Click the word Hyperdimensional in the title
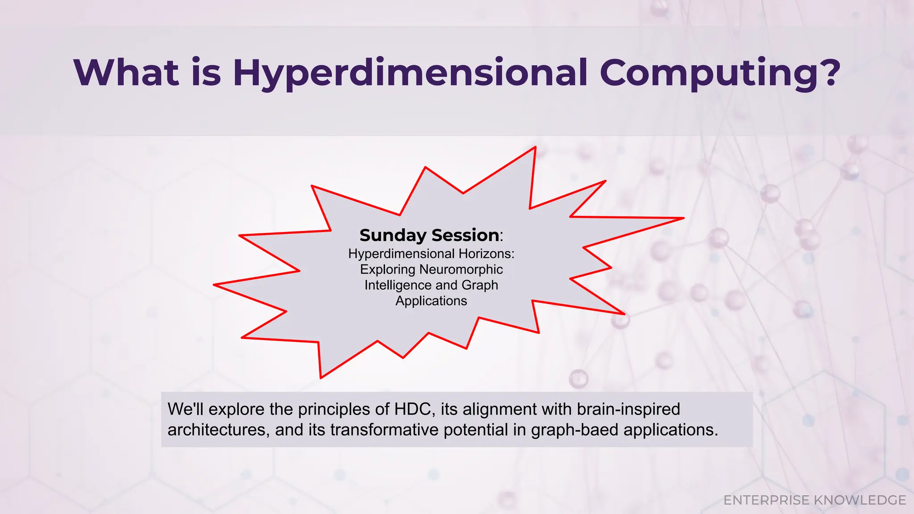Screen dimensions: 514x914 410,73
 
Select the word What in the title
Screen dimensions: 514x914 126,73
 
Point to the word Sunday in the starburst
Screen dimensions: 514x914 393,235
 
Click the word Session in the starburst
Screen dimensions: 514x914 465,235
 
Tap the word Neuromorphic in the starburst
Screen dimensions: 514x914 461,269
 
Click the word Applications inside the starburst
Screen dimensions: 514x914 431,301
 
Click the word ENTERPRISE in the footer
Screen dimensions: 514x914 766,500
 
